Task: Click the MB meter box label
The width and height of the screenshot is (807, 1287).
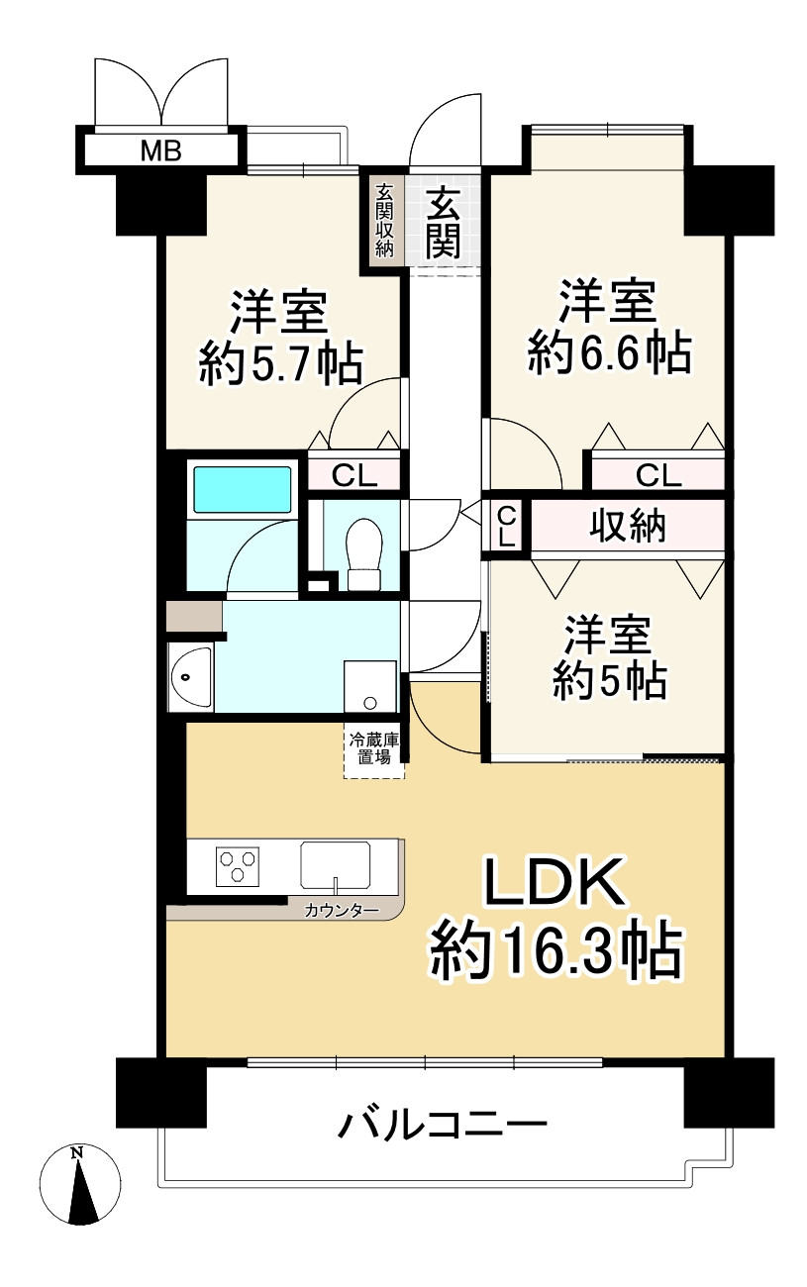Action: point(159,150)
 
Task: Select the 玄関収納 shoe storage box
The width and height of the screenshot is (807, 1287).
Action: point(384,222)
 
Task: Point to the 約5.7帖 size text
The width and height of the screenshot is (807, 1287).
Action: point(280,363)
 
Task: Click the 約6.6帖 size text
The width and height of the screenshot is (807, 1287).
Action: point(609,351)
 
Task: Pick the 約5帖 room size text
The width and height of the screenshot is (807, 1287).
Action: point(609,681)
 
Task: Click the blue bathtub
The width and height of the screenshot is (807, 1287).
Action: point(243,490)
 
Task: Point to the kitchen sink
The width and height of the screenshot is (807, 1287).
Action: point(336,864)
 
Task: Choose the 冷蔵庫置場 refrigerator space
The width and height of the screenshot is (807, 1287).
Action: point(373,749)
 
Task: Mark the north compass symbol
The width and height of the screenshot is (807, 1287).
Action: point(79,1185)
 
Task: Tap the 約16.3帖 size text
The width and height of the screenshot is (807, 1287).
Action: point(555,950)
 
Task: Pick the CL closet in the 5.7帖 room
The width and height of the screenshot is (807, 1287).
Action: point(353,476)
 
